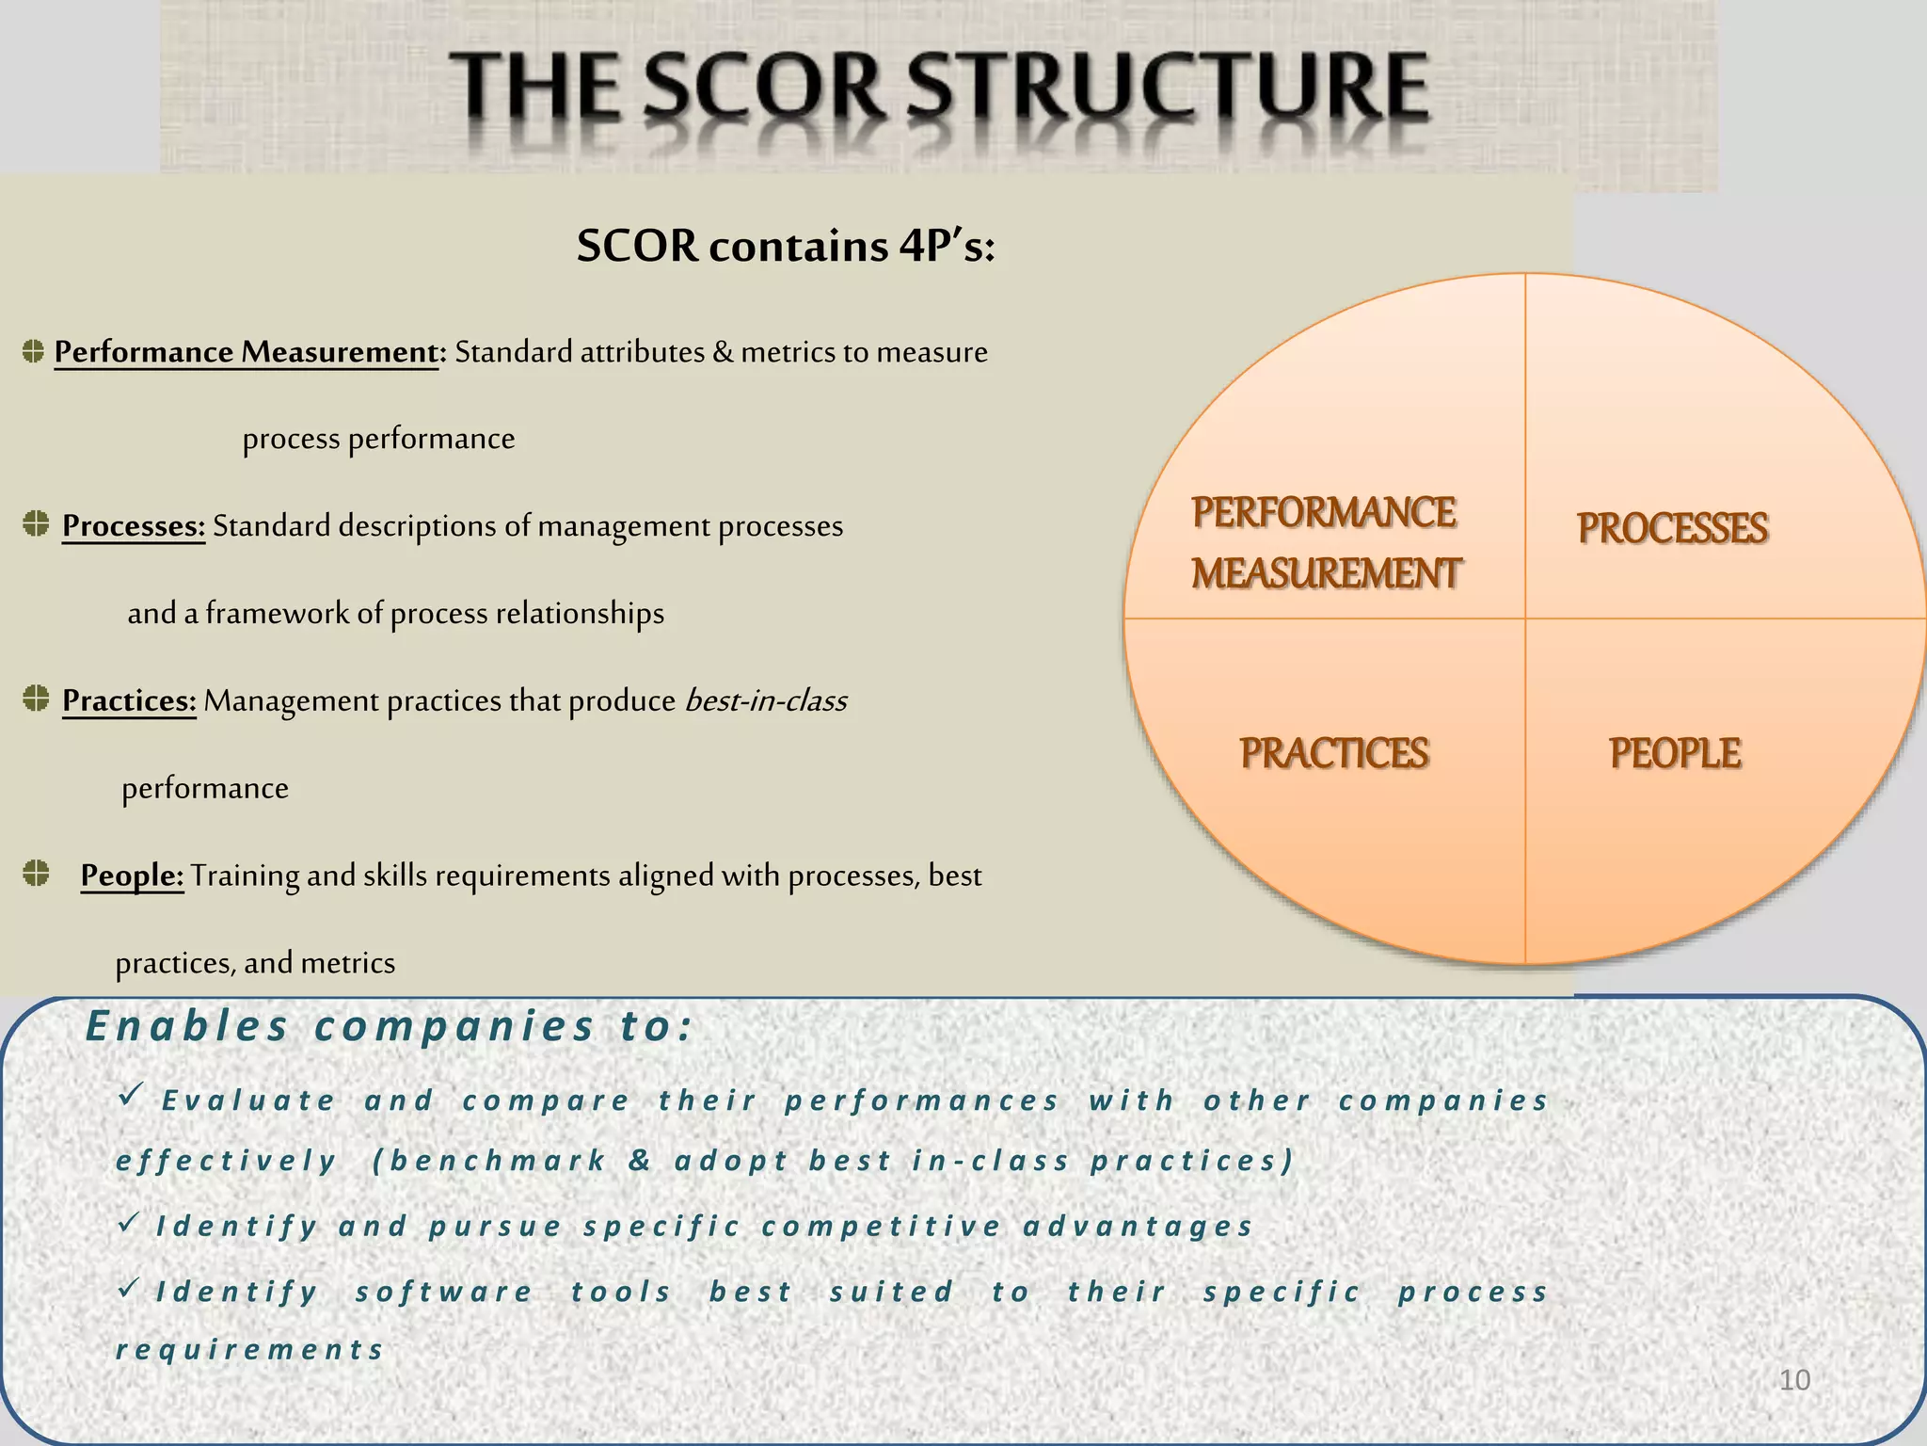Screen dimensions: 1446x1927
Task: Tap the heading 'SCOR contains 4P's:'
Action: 786,247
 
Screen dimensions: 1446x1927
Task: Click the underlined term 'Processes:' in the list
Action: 134,525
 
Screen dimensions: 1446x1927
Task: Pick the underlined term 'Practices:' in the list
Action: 129,700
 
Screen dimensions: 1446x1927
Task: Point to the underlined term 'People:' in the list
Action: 132,876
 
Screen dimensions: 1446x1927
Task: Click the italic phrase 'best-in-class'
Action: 766,700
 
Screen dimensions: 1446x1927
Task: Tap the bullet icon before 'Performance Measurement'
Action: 33,351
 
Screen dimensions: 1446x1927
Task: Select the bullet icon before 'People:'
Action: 36,873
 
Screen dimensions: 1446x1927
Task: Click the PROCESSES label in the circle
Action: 1672,528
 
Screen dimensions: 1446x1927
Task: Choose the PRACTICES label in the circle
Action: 1333,753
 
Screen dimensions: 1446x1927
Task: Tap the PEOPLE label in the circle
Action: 1674,753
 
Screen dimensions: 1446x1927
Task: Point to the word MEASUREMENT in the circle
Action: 1326,573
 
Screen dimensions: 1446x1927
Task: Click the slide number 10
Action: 1794,1380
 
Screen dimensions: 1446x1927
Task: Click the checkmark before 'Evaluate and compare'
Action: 130,1094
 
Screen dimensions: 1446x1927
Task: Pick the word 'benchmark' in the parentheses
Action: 498,1161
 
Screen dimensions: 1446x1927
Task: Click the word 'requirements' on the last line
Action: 249,1350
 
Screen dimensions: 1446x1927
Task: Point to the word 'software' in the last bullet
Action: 444,1292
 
